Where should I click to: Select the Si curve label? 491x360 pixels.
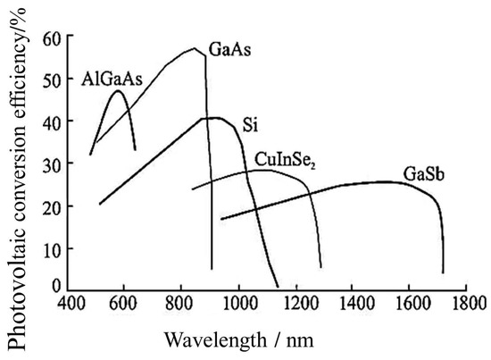point(251,123)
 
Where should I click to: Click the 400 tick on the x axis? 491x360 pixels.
point(67,304)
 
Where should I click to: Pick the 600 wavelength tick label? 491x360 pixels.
point(124,304)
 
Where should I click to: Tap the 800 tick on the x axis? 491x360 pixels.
point(181,304)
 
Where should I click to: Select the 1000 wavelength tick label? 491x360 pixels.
point(237,304)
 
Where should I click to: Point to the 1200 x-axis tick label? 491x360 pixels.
point(295,304)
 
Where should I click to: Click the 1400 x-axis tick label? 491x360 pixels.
point(353,304)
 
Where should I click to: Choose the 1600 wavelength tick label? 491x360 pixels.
point(410,304)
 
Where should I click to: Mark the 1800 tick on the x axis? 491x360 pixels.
point(467,304)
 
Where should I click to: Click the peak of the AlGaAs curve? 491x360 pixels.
point(118,90)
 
